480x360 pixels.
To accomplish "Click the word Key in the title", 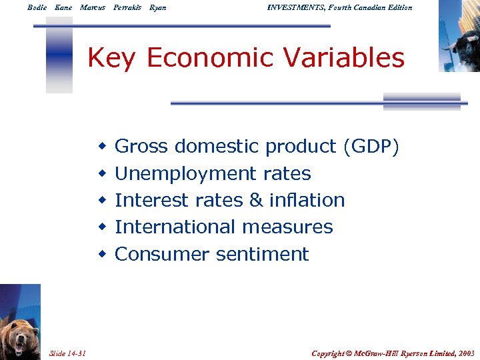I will click(112, 59).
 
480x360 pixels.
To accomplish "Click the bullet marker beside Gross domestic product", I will click(102, 147).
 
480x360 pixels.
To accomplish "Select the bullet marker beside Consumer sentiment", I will click(102, 255).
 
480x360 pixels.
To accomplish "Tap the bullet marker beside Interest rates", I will click(102, 201).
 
